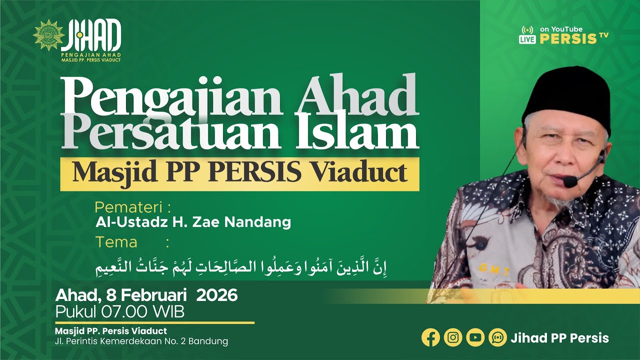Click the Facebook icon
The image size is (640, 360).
coord(430,337)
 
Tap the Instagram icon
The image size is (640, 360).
coord(453,337)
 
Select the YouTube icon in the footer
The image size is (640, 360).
coord(475,337)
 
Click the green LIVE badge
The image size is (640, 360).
coord(527,39)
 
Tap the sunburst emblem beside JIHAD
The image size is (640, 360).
coord(48,35)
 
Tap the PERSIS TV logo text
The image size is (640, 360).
coord(573,39)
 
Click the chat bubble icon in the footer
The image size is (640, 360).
coord(497,337)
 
